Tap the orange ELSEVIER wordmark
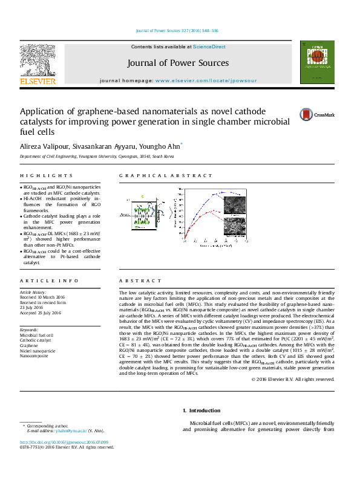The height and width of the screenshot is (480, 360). click(x=37, y=81)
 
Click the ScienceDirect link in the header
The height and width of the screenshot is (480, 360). click(x=209, y=47)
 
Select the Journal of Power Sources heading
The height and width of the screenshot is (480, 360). click(x=178, y=63)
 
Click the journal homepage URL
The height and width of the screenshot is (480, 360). click(x=206, y=80)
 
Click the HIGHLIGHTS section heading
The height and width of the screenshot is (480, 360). click(x=38, y=176)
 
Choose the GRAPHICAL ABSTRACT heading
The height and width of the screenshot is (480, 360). click(x=166, y=176)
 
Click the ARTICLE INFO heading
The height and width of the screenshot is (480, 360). click(x=41, y=281)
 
